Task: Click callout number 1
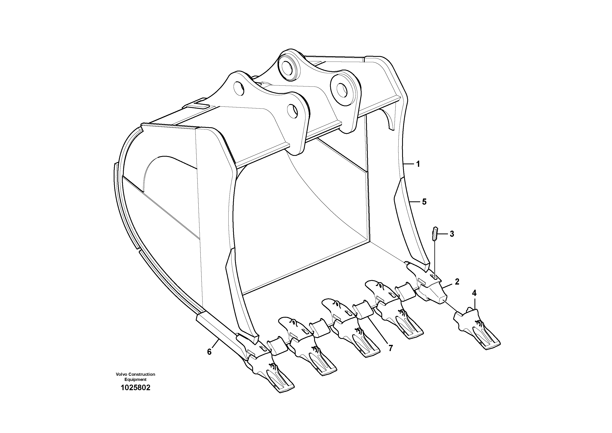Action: coord(418,164)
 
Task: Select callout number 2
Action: coord(457,282)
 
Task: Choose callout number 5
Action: coord(424,202)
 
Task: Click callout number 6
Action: coord(209,352)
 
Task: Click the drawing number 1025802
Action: coord(135,388)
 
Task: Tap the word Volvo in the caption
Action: coord(121,374)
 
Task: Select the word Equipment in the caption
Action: coord(135,379)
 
